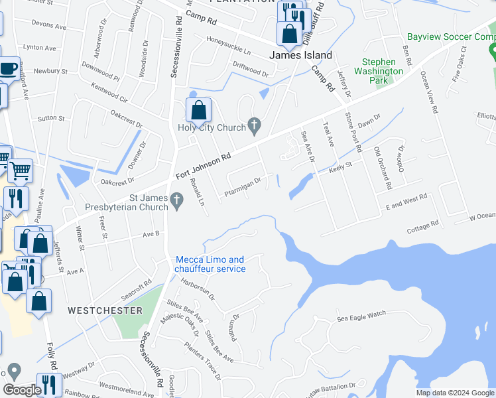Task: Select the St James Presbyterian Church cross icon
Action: coord(176,200)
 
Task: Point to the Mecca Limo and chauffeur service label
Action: coord(210,264)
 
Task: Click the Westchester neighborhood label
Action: coord(105,310)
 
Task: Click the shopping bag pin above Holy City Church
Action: coord(198,110)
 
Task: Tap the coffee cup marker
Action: coord(8,68)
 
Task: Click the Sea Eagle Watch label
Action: coord(361,318)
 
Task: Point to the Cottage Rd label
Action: coord(423,227)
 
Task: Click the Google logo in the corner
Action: coord(21,390)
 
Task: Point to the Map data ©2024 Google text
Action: coord(455,393)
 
